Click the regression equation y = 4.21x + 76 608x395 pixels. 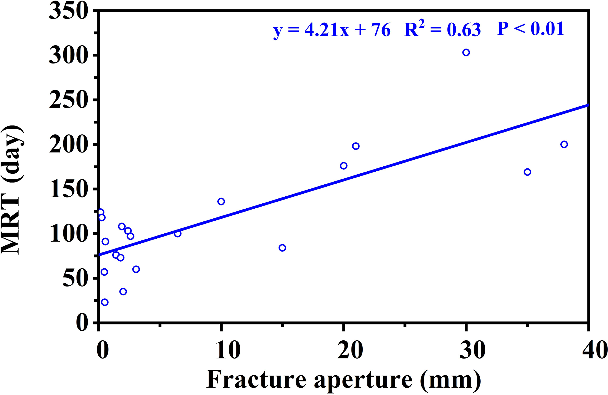[332, 30]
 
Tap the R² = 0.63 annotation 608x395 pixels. [443, 29]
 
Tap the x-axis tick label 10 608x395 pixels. [228, 350]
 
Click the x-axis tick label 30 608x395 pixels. [472, 350]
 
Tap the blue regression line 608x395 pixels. [344, 180]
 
